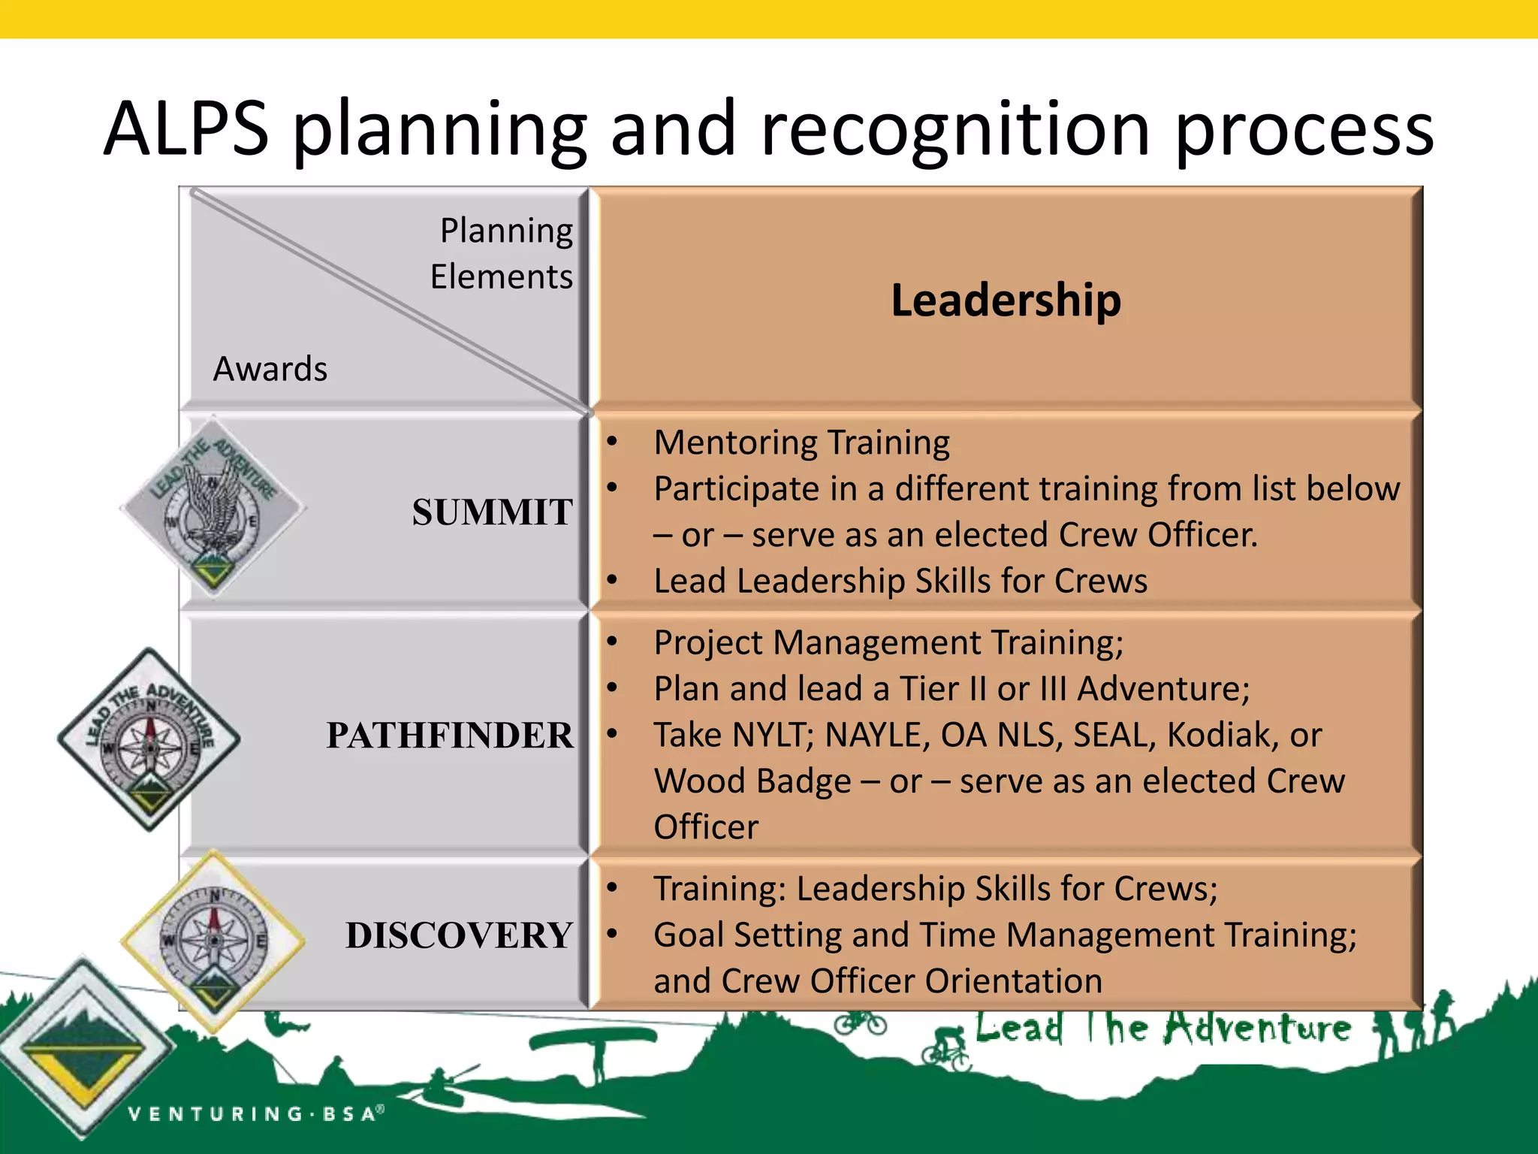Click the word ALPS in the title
click(186, 129)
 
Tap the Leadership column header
click(1006, 300)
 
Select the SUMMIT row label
click(492, 512)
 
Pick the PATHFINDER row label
click(449, 736)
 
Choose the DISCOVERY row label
click(459, 935)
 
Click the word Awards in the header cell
click(270, 369)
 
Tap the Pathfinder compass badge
click(149, 739)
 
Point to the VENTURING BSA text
click(255, 1113)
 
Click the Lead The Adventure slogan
click(1163, 1029)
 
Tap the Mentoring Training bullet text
click(801, 443)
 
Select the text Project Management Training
click(888, 643)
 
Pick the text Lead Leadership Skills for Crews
click(900, 582)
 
